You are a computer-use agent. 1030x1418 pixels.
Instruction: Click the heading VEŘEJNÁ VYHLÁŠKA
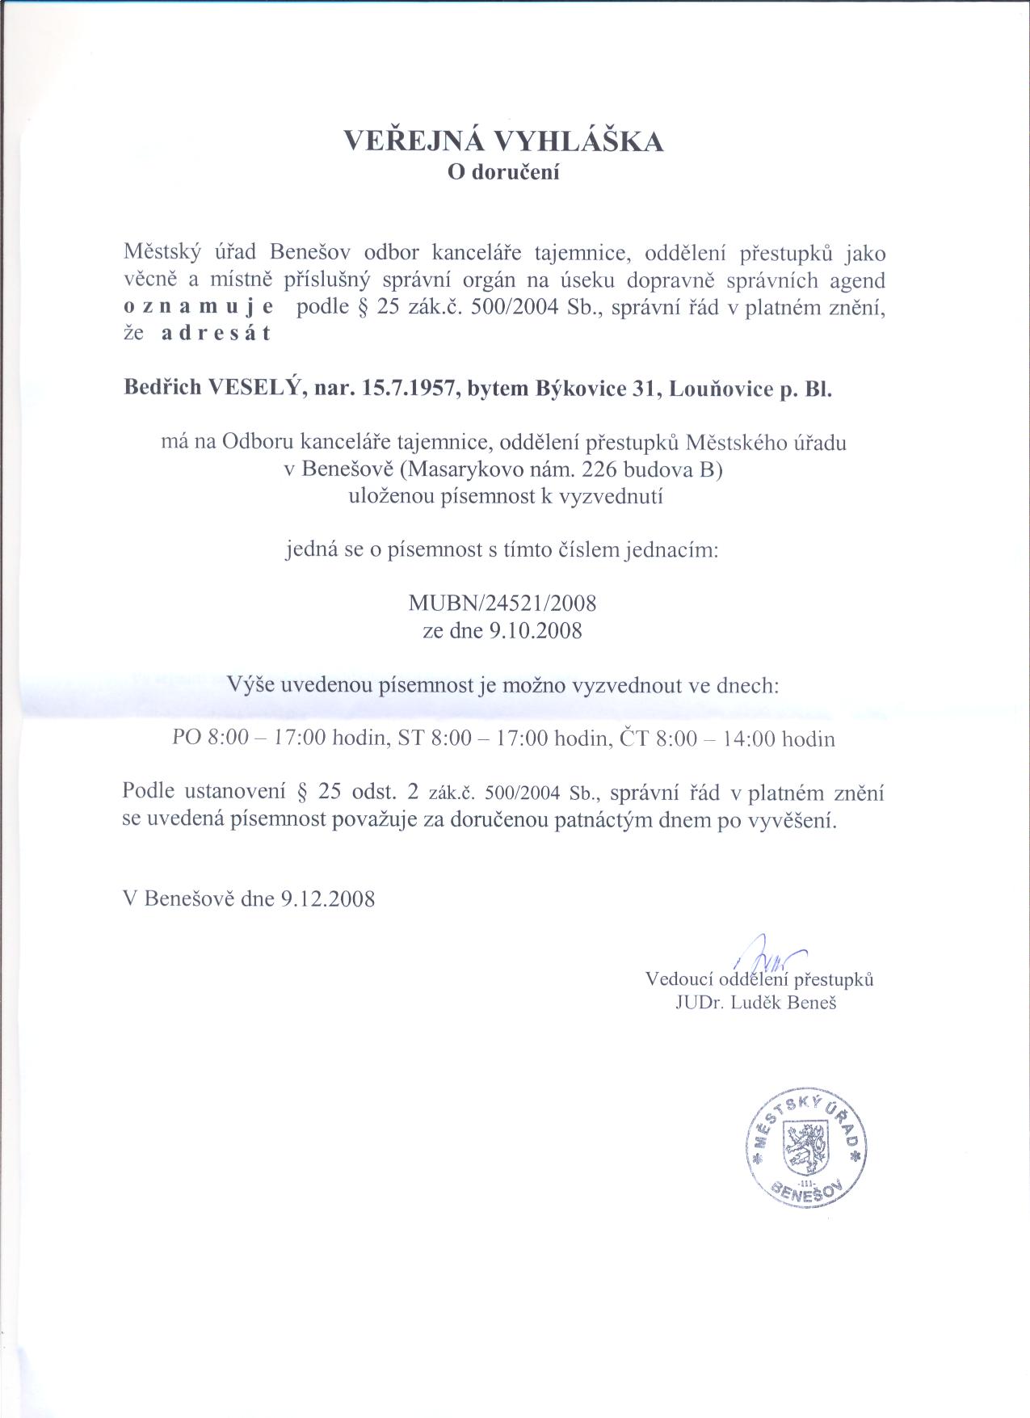pyautogui.click(x=504, y=142)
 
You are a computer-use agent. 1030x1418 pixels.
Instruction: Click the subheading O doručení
pyautogui.click(x=504, y=172)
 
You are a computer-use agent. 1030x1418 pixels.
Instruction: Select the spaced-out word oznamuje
pyautogui.click(x=198, y=308)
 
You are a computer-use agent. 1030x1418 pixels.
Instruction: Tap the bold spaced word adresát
pyautogui.click(x=216, y=334)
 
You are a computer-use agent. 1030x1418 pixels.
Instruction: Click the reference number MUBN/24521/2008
pyautogui.click(x=503, y=603)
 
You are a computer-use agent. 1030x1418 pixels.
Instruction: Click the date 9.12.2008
pyautogui.click(x=328, y=899)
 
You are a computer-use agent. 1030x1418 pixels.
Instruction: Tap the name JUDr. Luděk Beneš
pyautogui.click(x=757, y=1004)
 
